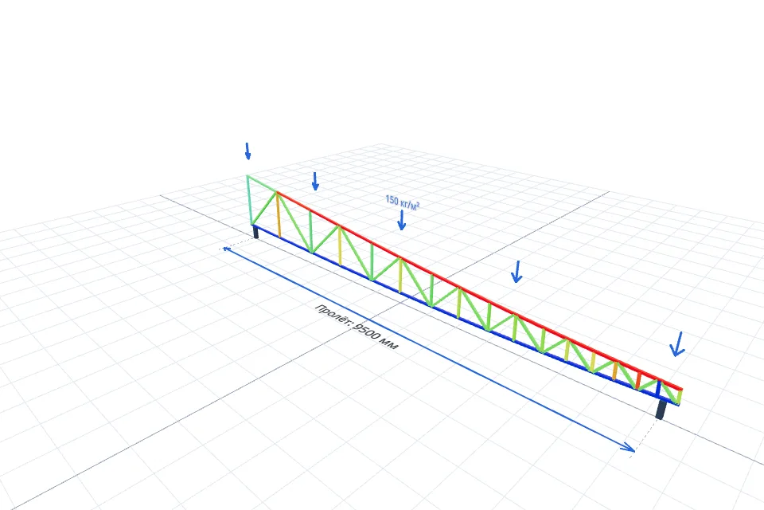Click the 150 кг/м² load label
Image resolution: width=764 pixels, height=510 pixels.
pos(403,202)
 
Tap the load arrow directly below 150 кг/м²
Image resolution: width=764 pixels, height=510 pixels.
pos(401,220)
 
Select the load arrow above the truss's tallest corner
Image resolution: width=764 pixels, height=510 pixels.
pos(248,151)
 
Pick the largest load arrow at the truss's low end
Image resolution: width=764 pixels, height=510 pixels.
pos(677,344)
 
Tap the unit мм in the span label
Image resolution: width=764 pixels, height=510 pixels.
pos(390,344)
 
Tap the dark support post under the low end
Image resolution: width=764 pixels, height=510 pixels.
pos(661,409)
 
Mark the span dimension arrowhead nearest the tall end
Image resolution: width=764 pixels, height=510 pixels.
pos(227,249)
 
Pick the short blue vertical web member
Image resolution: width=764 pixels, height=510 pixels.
pos(659,389)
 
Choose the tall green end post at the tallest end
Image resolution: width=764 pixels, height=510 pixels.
pos(249,200)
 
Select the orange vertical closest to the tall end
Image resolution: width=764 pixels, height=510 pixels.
pos(279,214)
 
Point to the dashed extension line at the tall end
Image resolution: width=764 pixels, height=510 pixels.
pos(237,245)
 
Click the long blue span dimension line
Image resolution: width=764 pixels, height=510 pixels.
pos(429,348)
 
